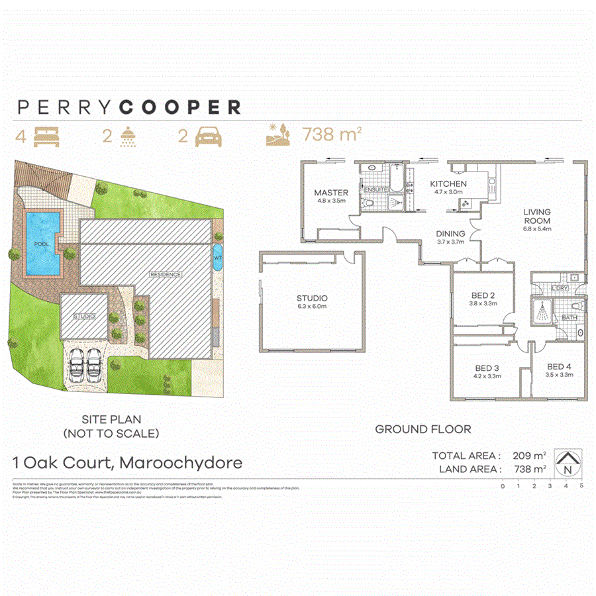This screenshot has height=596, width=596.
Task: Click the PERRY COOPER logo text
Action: coord(129,107)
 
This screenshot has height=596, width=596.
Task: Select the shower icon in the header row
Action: coord(126,136)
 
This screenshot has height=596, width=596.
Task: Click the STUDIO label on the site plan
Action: coord(84,317)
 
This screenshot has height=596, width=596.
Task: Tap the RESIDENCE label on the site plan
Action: coord(165,273)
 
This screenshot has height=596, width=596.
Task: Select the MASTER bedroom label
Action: coord(331,193)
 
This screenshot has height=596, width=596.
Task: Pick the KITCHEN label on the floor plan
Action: coord(448,183)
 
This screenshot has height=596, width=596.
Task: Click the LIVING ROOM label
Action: coord(537,217)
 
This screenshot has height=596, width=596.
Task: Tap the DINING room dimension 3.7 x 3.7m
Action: coord(450,242)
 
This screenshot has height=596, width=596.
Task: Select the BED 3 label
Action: coord(487,368)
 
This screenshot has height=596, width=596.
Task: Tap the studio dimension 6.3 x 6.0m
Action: coord(313,307)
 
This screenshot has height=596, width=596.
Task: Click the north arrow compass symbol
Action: coord(566,462)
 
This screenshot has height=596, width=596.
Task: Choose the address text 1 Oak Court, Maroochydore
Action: coord(128,462)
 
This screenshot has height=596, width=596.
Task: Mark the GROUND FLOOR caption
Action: coord(423,429)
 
